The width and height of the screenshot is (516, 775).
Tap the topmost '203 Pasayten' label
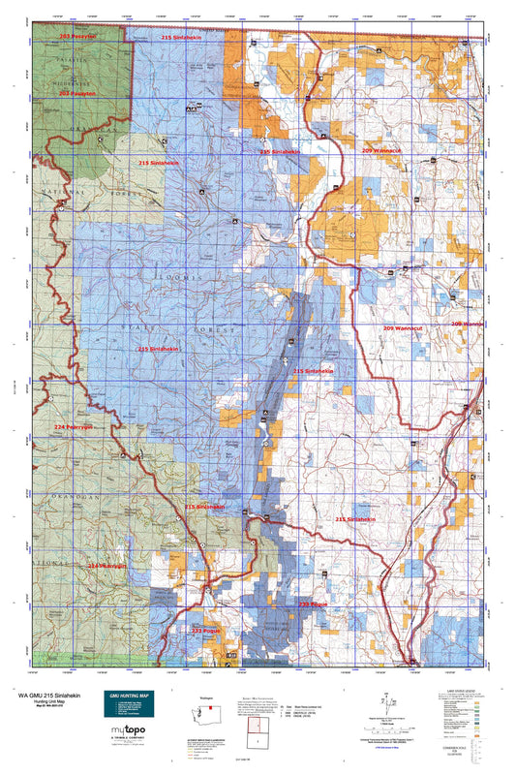77,36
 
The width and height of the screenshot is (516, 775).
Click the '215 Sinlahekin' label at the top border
182,36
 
